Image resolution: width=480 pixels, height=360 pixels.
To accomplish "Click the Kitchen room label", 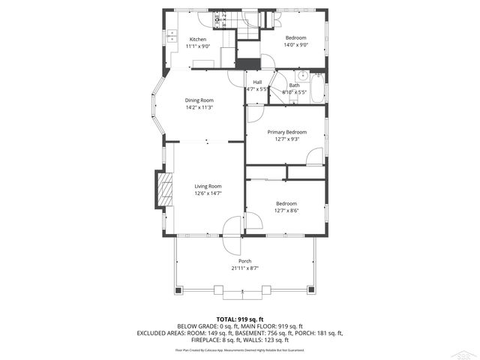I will click(x=197, y=39).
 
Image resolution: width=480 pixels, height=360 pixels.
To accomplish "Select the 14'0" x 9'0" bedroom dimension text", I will click(x=296, y=45).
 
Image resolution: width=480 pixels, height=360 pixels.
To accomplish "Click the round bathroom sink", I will click(x=303, y=76).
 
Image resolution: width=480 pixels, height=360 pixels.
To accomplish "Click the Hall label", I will click(x=257, y=82).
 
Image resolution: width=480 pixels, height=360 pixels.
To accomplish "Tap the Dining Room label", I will click(x=199, y=100).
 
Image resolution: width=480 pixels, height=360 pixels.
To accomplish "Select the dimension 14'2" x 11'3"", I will click(x=199, y=107).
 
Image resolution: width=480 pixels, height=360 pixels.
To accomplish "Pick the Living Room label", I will click(x=208, y=186).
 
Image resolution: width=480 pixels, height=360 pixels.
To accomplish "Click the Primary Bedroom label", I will click(x=287, y=132).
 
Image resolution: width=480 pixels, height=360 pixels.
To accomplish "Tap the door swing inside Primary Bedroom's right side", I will click(x=315, y=157).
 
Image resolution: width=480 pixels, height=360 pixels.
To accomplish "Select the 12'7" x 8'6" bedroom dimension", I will click(x=286, y=211).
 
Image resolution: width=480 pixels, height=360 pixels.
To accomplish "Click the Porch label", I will click(x=244, y=261).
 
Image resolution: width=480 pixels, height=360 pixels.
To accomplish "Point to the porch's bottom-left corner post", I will click(x=178, y=289).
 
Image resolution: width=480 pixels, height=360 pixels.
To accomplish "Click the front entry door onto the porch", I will click(x=232, y=227).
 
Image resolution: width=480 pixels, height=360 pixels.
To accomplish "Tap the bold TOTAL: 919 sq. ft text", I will click(x=239, y=319).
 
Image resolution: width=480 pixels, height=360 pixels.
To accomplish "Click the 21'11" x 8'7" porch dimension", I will click(x=244, y=268).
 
